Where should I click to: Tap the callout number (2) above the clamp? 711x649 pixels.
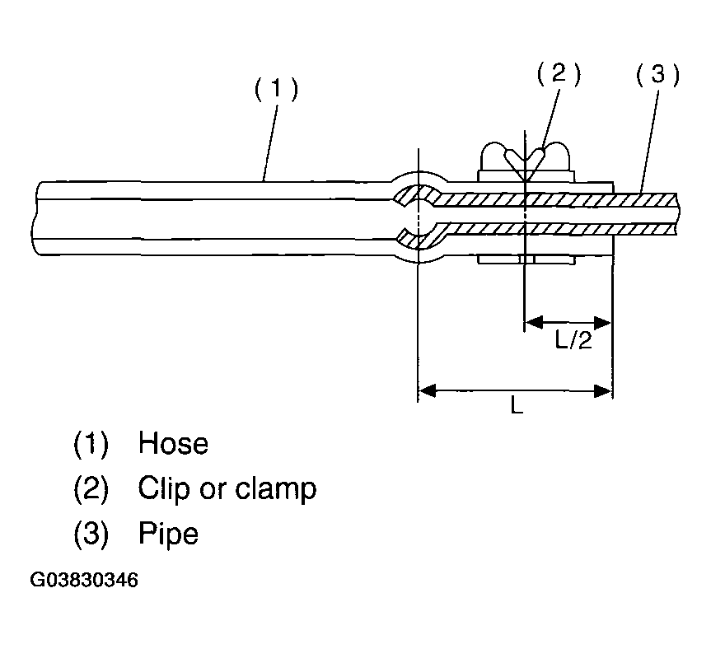pos(559,75)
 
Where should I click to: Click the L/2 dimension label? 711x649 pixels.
pos(573,340)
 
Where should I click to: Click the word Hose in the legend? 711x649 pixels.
pos(173,444)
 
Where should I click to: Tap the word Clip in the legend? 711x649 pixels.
pos(159,489)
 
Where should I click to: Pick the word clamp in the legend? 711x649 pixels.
pos(275,489)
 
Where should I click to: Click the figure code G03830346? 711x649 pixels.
pos(83,580)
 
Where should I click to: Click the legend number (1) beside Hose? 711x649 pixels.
pos(91,445)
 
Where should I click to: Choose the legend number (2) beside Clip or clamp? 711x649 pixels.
pos(91,489)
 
